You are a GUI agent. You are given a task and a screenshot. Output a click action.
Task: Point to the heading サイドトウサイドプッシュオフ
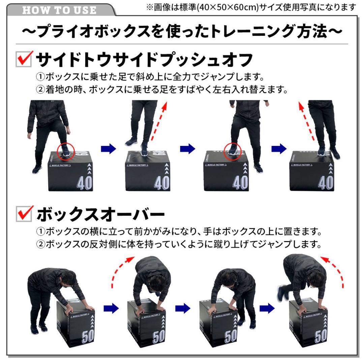[144, 60]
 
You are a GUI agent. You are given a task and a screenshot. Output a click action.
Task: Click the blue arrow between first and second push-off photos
[108, 148]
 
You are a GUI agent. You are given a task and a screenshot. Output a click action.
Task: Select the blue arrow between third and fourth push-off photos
[279, 148]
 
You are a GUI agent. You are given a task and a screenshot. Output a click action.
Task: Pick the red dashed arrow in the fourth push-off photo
[307, 121]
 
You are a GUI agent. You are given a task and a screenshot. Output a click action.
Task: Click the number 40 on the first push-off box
[84, 183]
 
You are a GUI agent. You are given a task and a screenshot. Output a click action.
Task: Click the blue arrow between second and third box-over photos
[183, 307]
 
